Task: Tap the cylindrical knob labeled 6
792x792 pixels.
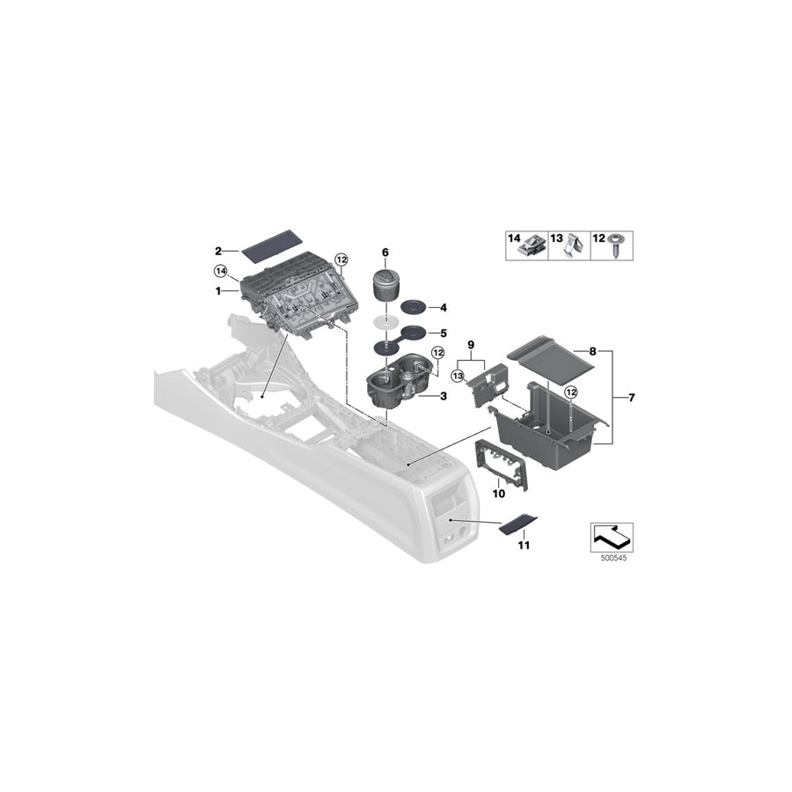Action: tap(384, 288)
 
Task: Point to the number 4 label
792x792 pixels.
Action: tap(444, 308)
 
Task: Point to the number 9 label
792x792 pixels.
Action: tap(470, 343)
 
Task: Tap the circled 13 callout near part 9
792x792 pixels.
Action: tap(457, 376)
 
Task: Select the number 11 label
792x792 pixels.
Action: tap(524, 546)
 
